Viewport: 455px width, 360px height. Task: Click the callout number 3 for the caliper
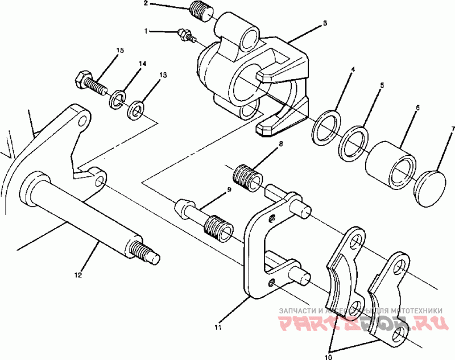tap(324, 23)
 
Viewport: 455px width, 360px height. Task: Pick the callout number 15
tap(119, 51)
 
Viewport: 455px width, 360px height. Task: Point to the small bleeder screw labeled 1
tap(185, 35)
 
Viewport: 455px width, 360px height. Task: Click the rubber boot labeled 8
tap(249, 178)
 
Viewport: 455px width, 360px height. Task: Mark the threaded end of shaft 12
tap(146, 252)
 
